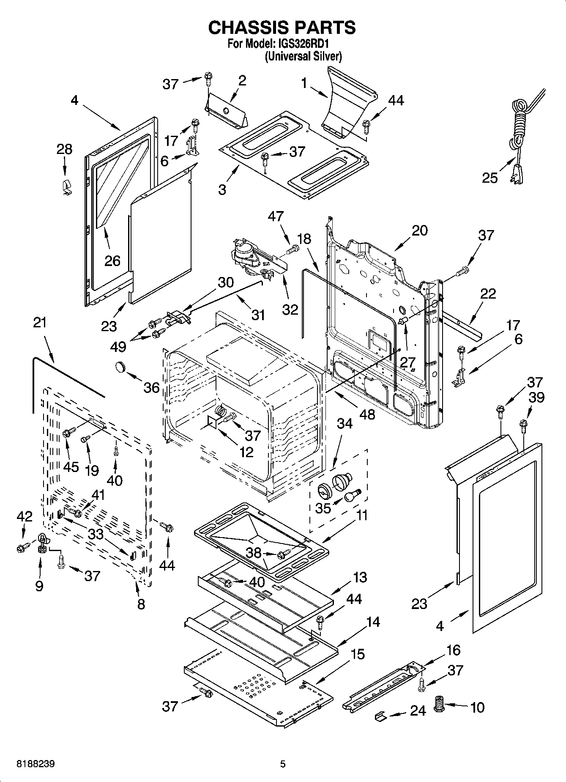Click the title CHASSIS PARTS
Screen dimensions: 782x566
282,28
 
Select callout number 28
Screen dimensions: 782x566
64,149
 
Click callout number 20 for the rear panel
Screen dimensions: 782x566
419,231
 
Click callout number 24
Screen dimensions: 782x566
418,711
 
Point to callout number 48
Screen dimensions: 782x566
366,414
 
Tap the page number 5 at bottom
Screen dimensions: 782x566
283,764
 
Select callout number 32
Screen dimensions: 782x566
290,310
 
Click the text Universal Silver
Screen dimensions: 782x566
303,56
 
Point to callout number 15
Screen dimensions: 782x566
358,654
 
